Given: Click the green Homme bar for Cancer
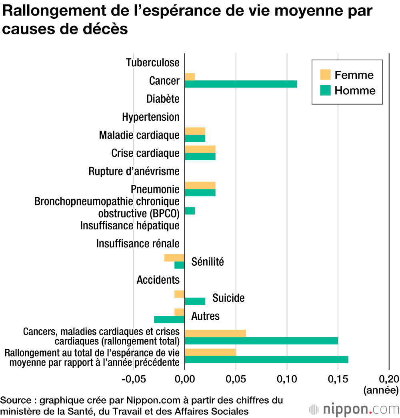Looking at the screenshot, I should coord(241,84).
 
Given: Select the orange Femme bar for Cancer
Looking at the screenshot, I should coord(190,77).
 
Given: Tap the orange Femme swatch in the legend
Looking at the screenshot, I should coord(325,75).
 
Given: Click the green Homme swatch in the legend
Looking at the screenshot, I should coord(325,91).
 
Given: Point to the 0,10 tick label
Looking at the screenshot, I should coord(287,378).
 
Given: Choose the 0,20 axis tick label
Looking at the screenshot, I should coord(389,378).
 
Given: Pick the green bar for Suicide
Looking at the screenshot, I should coord(195,301).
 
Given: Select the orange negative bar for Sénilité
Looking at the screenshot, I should coord(174,258).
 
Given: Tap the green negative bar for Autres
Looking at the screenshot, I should coord(169,319).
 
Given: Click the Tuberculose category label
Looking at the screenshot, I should coord(152,63).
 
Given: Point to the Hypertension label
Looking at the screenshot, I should coord(151,117).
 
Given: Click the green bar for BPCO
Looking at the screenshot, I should coord(190,211).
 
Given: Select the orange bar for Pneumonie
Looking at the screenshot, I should coord(200,185).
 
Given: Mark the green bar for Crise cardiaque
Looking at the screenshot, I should coord(200,156).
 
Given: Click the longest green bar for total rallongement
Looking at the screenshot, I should coord(266,360).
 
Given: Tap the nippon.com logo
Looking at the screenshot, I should coord(354,410).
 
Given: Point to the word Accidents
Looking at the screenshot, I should coord(158,280).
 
